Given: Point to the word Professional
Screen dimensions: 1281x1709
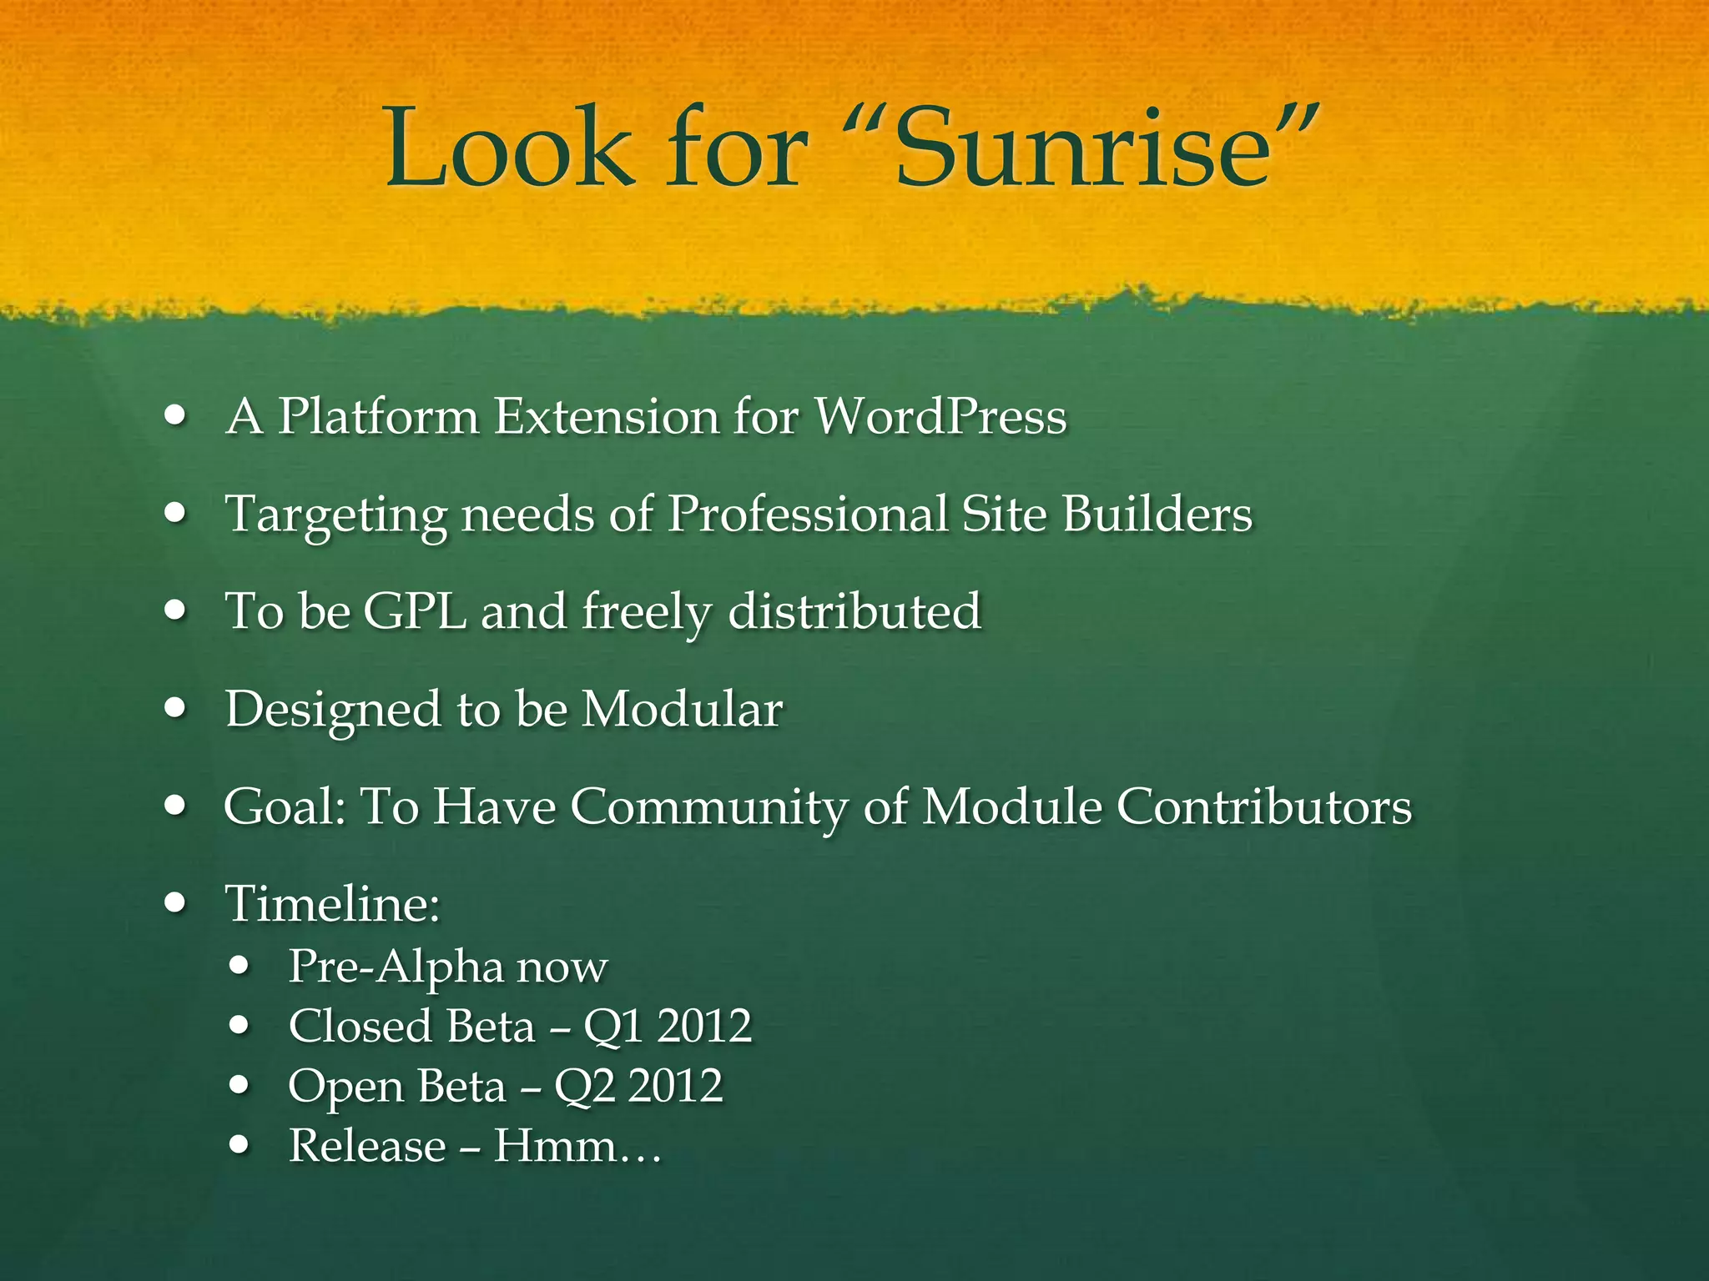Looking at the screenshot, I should (x=808, y=513).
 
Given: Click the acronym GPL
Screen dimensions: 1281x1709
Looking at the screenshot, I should (x=415, y=610).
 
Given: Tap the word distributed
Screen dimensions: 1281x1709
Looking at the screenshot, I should (x=854, y=610).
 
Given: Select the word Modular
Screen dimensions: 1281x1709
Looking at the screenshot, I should (x=682, y=709).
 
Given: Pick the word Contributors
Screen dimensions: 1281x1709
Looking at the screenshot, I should (x=1264, y=806).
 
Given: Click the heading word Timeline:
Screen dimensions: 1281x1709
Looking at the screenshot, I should (x=332, y=903).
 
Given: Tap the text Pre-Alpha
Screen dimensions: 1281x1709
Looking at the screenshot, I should (x=396, y=967).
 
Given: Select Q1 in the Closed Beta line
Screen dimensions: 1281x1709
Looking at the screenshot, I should (x=613, y=1026).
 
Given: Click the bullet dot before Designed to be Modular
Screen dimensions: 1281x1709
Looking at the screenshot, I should (x=175, y=708).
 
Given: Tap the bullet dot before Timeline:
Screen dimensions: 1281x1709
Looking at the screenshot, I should (x=175, y=902).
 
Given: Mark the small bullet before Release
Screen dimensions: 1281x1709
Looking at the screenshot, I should (x=240, y=1145).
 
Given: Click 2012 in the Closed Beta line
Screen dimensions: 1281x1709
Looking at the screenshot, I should (x=704, y=1026).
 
